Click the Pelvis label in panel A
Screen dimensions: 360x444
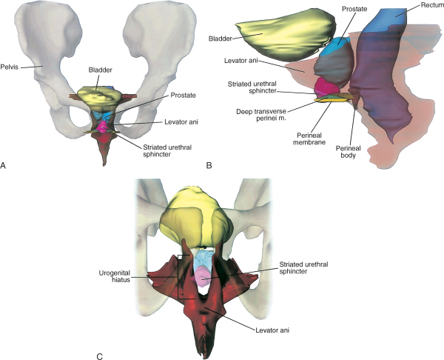pyautogui.click(x=12, y=66)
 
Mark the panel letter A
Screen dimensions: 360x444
pyautogui.click(x=4, y=167)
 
